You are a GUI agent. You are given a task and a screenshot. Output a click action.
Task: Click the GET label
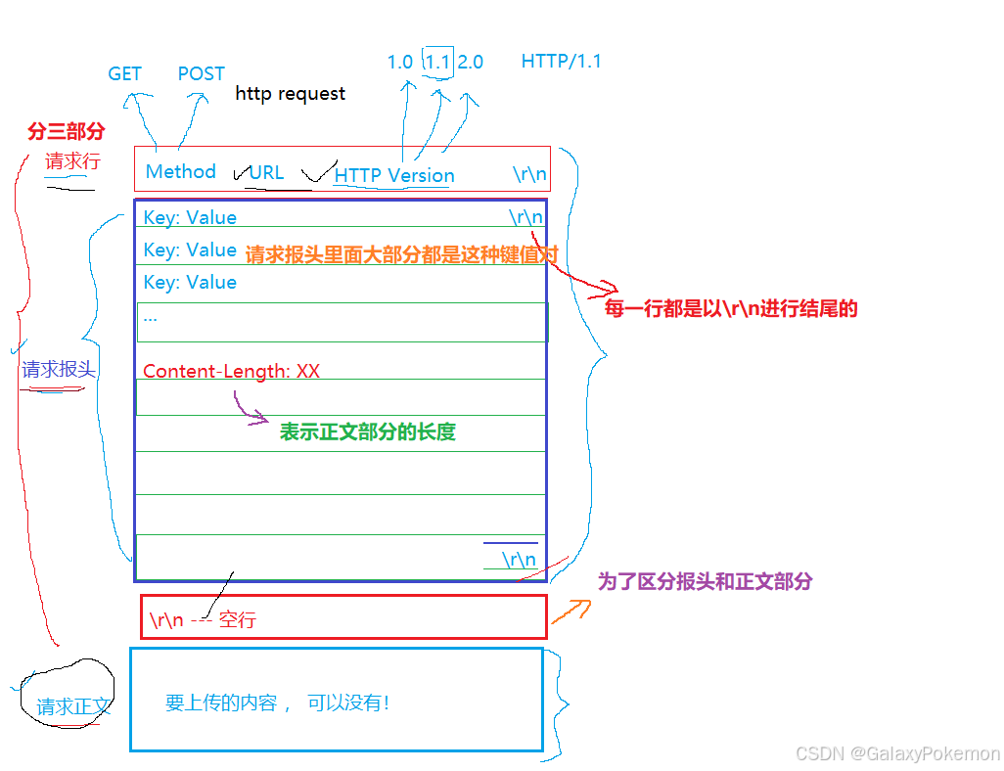pyautogui.click(x=124, y=74)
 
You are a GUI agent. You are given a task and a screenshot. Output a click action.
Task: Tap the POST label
pyautogui.click(x=201, y=74)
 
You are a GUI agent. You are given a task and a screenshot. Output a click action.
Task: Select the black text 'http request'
pyautogui.click(x=290, y=94)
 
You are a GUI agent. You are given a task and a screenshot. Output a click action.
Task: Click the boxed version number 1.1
pyautogui.click(x=437, y=62)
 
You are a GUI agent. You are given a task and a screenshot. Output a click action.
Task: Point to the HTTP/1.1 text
pyautogui.click(x=561, y=62)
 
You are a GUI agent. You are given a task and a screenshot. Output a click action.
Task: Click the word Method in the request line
pyautogui.click(x=180, y=172)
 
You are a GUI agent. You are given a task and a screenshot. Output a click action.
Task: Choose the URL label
pyautogui.click(x=266, y=173)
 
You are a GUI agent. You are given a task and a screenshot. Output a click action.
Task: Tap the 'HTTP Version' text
pyautogui.click(x=394, y=176)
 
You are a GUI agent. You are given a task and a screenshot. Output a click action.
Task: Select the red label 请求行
pyautogui.click(x=72, y=162)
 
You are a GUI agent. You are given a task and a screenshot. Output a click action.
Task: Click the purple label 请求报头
pyautogui.click(x=59, y=370)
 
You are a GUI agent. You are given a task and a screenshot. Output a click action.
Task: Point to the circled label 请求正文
pyautogui.click(x=73, y=707)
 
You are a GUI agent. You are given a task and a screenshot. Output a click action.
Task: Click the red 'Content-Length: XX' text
pyautogui.click(x=231, y=372)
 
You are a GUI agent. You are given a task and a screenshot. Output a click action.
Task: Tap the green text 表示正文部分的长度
pyautogui.click(x=368, y=432)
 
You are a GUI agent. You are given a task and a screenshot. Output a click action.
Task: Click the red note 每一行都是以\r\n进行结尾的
pyautogui.click(x=731, y=309)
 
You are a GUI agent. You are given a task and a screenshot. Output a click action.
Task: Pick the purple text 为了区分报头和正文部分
pyautogui.click(x=705, y=581)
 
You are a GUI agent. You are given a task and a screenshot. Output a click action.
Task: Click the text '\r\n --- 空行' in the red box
pyautogui.click(x=202, y=620)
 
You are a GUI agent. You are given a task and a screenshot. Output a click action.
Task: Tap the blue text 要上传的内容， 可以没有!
pyautogui.click(x=277, y=703)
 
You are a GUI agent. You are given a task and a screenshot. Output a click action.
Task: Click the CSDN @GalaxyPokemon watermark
pyautogui.click(x=897, y=753)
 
